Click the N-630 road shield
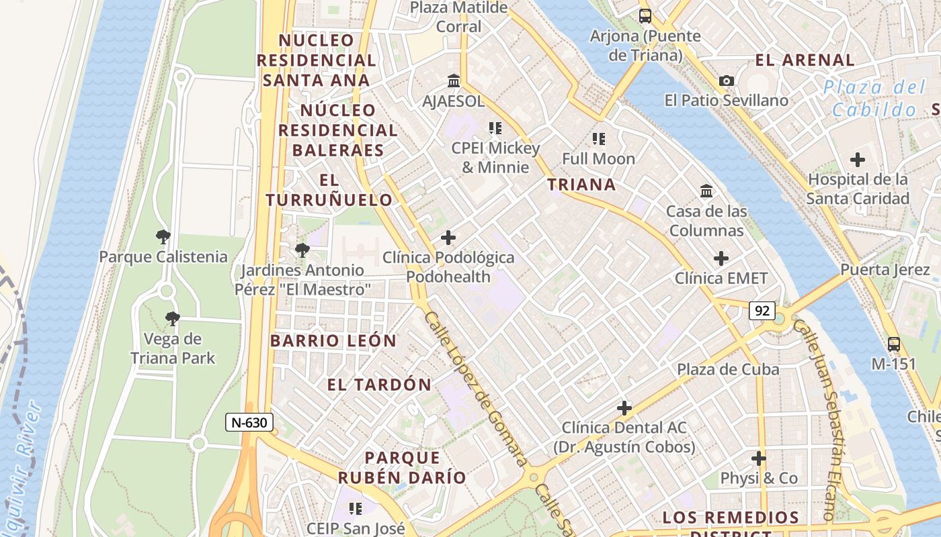tap(249, 422)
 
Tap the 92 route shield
tap(762, 311)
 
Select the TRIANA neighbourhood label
tap(581, 185)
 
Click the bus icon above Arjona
tap(645, 16)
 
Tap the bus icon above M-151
tap(894, 344)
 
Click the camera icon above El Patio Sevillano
tap(727, 81)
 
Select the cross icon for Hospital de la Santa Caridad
tap(858, 160)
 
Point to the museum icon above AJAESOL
tap(454, 81)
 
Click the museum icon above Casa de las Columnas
tap(706, 191)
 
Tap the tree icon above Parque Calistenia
tap(163, 236)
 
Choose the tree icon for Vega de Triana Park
tap(173, 319)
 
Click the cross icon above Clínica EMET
tap(721, 258)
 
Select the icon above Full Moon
tap(599, 139)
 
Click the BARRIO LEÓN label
tap(333, 340)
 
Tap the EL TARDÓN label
tap(379, 385)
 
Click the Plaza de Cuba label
tap(728, 369)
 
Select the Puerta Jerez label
tap(885, 270)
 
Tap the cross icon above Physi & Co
tap(759, 459)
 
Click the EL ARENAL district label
tap(805, 60)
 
